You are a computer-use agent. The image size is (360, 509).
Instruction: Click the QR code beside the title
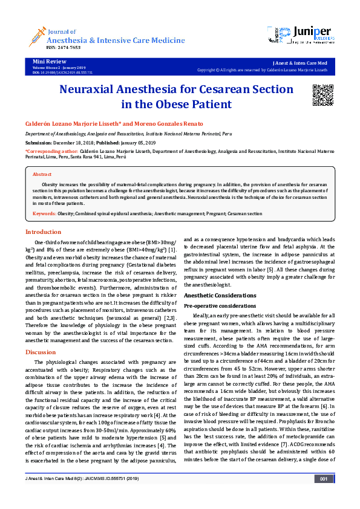tap(323, 96)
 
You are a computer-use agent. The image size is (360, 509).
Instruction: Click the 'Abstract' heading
tap(42, 173)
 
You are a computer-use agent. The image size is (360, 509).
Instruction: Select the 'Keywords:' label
tap(45, 213)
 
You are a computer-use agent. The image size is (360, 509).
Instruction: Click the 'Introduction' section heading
tap(43, 232)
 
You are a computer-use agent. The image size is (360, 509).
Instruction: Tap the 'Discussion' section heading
tap(41, 352)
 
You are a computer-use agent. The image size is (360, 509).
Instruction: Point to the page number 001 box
tap(324, 496)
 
